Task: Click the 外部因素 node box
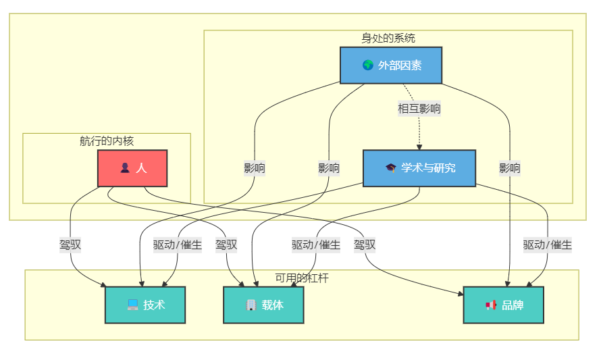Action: (390, 66)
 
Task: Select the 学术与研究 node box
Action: (419, 168)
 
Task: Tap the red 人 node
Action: (132, 168)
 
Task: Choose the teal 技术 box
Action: (145, 305)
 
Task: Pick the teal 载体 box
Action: (263, 305)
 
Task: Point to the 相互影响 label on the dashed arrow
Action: (419, 108)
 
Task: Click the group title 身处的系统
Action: (388, 38)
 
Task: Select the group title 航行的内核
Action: (107, 141)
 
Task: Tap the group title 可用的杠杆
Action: (302, 278)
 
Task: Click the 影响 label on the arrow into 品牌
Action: (510, 168)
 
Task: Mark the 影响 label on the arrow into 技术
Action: (255, 168)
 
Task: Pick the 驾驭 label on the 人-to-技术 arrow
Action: (70, 245)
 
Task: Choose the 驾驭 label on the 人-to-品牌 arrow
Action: (365, 245)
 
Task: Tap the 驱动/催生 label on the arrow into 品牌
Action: (548, 245)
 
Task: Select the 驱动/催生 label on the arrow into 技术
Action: (178, 245)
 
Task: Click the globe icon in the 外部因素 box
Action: (368, 66)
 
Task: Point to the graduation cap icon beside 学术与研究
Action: (390, 168)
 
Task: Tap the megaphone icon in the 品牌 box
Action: (491, 305)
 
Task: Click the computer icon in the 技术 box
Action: (133, 305)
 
